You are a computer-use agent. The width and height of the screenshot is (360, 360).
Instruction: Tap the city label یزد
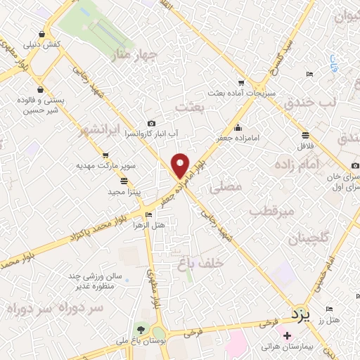click(x=300, y=314)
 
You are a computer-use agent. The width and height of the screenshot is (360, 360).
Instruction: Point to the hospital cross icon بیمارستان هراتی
click(x=288, y=335)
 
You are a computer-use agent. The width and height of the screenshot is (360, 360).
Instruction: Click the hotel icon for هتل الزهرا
click(x=148, y=214)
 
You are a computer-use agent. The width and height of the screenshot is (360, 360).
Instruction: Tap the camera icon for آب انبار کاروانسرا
click(x=150, y=123)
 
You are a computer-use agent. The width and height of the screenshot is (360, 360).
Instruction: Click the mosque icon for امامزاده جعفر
click(x=239, y=128)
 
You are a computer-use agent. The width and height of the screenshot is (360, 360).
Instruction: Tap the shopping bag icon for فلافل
click(x=305, y=135)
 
